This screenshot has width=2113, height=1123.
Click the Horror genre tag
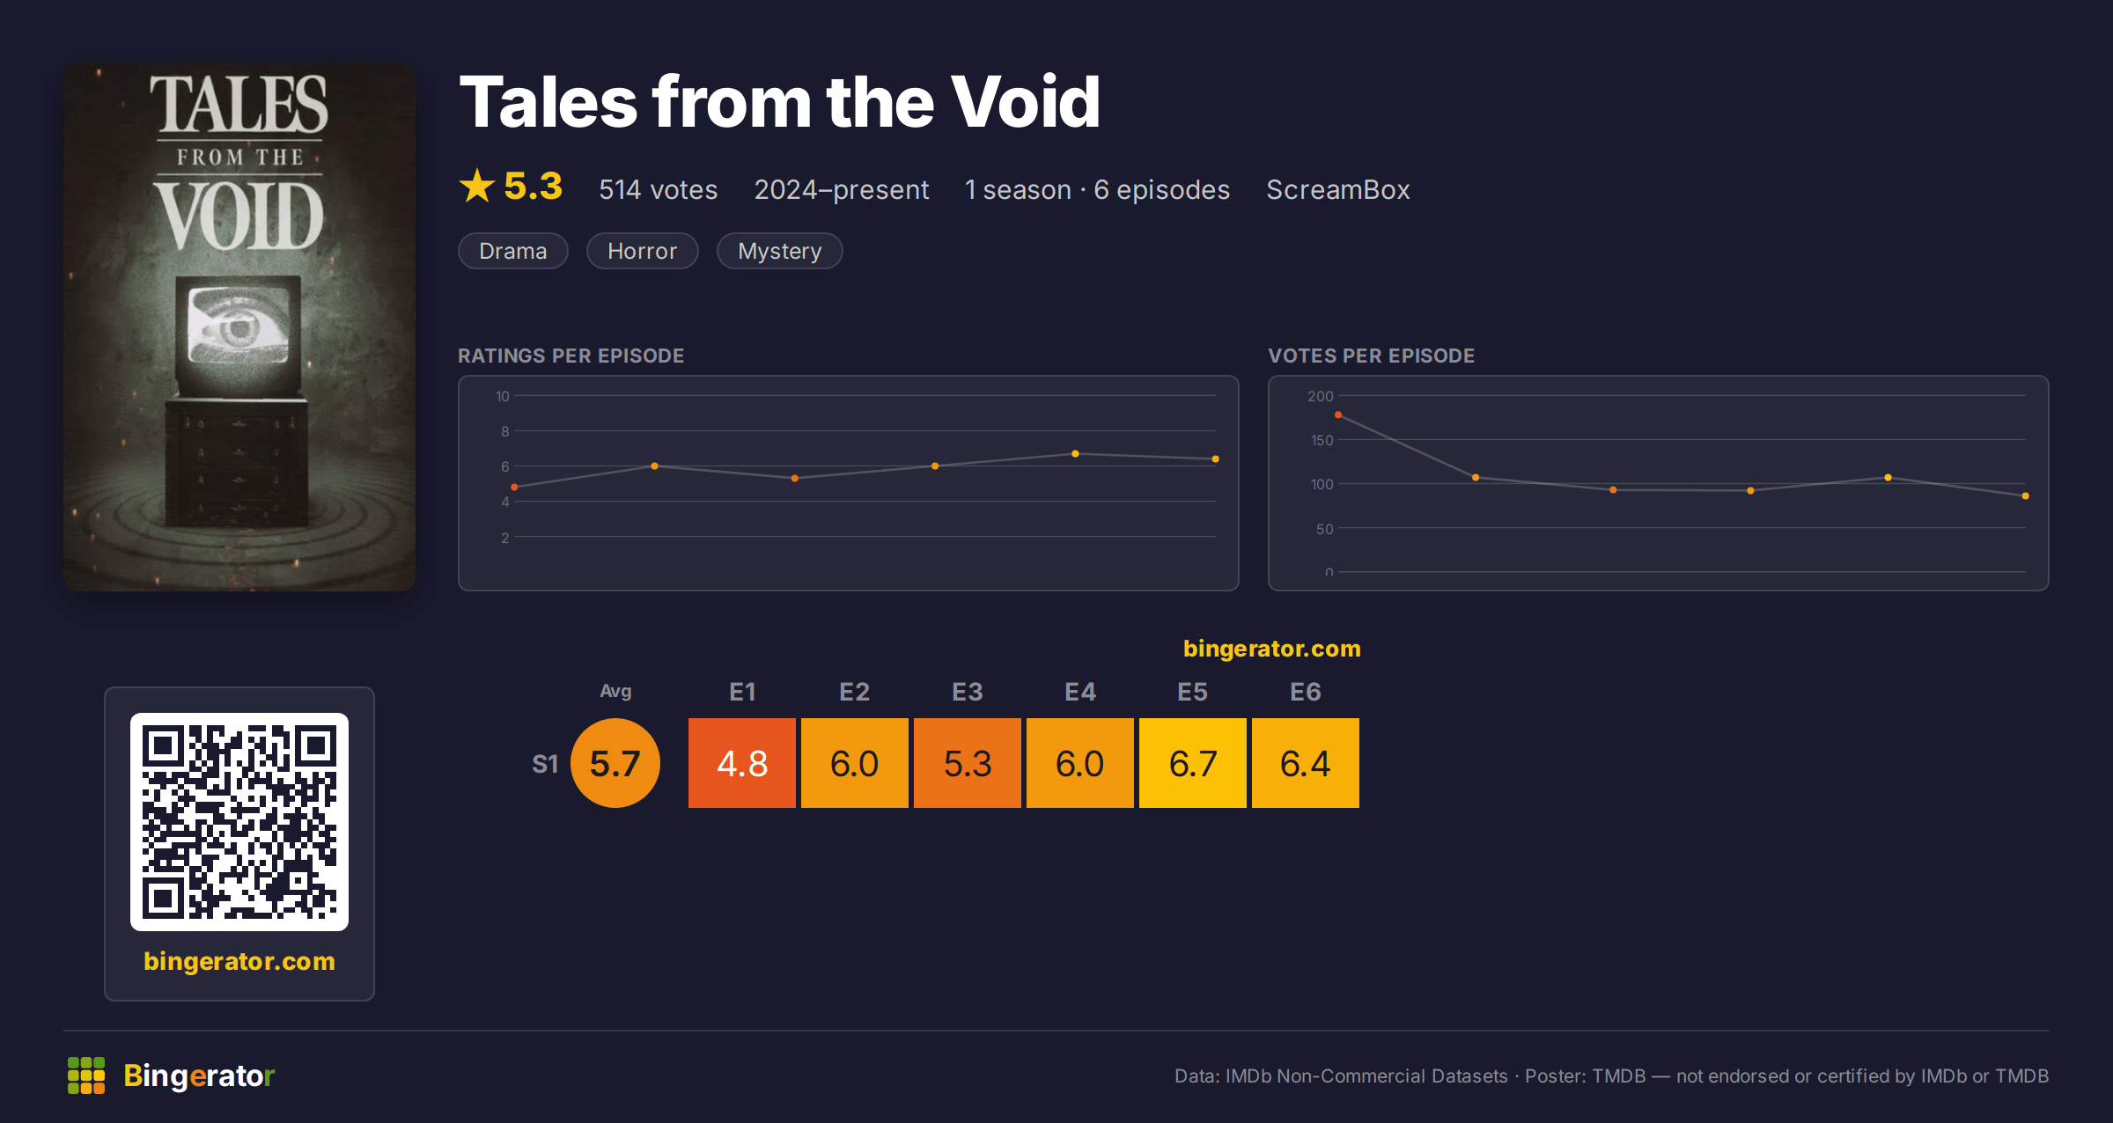tap(642, 251)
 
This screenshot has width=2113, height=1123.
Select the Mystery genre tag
tap(779, 251)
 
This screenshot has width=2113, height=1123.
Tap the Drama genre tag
tap(512, 251)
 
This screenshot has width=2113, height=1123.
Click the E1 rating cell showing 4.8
tap(741, 762)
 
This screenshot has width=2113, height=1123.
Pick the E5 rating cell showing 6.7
tap(1192, 762)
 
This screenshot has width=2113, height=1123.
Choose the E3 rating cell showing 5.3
tap(967, 762)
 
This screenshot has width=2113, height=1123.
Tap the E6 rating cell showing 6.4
tap(1305, 762)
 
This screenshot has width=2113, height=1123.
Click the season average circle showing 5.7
tap(615, 762)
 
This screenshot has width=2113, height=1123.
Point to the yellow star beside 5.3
tap(477, 186)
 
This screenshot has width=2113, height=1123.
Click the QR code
tap(239, 821)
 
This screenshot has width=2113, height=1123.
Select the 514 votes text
tap(658, 189)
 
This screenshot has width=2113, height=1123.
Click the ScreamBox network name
tap(1337, 189)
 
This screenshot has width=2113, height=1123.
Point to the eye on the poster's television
tap(238, 328)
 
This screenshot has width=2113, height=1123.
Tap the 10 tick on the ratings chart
tap(502, 396)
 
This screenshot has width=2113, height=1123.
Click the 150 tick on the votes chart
tap(1322, 440)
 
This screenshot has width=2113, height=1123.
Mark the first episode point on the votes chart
tap(1338, 415)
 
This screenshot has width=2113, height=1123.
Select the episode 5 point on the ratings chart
tap(1075, 454)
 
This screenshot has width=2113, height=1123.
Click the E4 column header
tap(1079, 692)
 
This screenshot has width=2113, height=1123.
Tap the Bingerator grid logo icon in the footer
tap(86, 1075)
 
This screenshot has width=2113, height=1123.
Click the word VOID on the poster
tap(239, 217)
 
